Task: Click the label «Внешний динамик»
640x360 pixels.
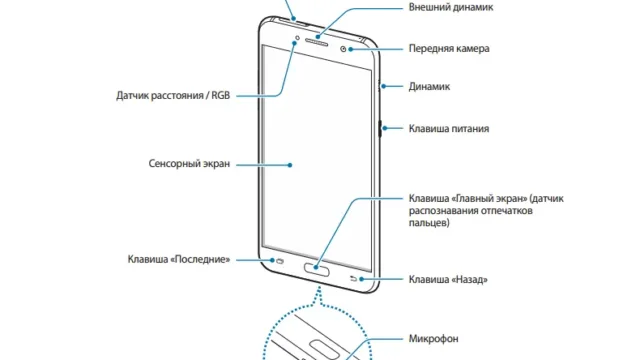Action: [451, 7]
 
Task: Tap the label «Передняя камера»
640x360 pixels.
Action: [449, 49]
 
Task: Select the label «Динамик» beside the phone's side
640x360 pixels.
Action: [429, 87]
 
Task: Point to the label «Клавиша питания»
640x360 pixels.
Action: [449, 129]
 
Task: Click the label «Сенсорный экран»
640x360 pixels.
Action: [189, 164]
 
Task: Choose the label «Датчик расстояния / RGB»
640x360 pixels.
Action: [173, 96]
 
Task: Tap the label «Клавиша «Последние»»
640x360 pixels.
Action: [179, 260]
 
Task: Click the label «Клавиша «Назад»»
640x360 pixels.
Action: [448, 280]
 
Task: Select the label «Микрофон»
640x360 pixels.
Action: [433, 339]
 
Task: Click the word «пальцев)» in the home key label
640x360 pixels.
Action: [429, 223]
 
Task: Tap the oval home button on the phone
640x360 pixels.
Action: [317, 269]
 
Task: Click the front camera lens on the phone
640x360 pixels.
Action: [343, 49]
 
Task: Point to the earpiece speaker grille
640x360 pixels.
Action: [316, 42]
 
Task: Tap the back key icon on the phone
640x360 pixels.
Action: [353, 279]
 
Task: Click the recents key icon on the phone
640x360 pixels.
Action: [280, 261]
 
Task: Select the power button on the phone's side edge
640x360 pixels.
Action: [380, 129]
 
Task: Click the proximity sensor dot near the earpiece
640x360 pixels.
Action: [297, 38]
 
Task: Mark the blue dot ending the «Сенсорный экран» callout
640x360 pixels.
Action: [290, 165]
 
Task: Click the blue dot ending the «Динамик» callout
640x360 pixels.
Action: [384, 86]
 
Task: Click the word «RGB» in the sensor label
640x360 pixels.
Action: [221, 96]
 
